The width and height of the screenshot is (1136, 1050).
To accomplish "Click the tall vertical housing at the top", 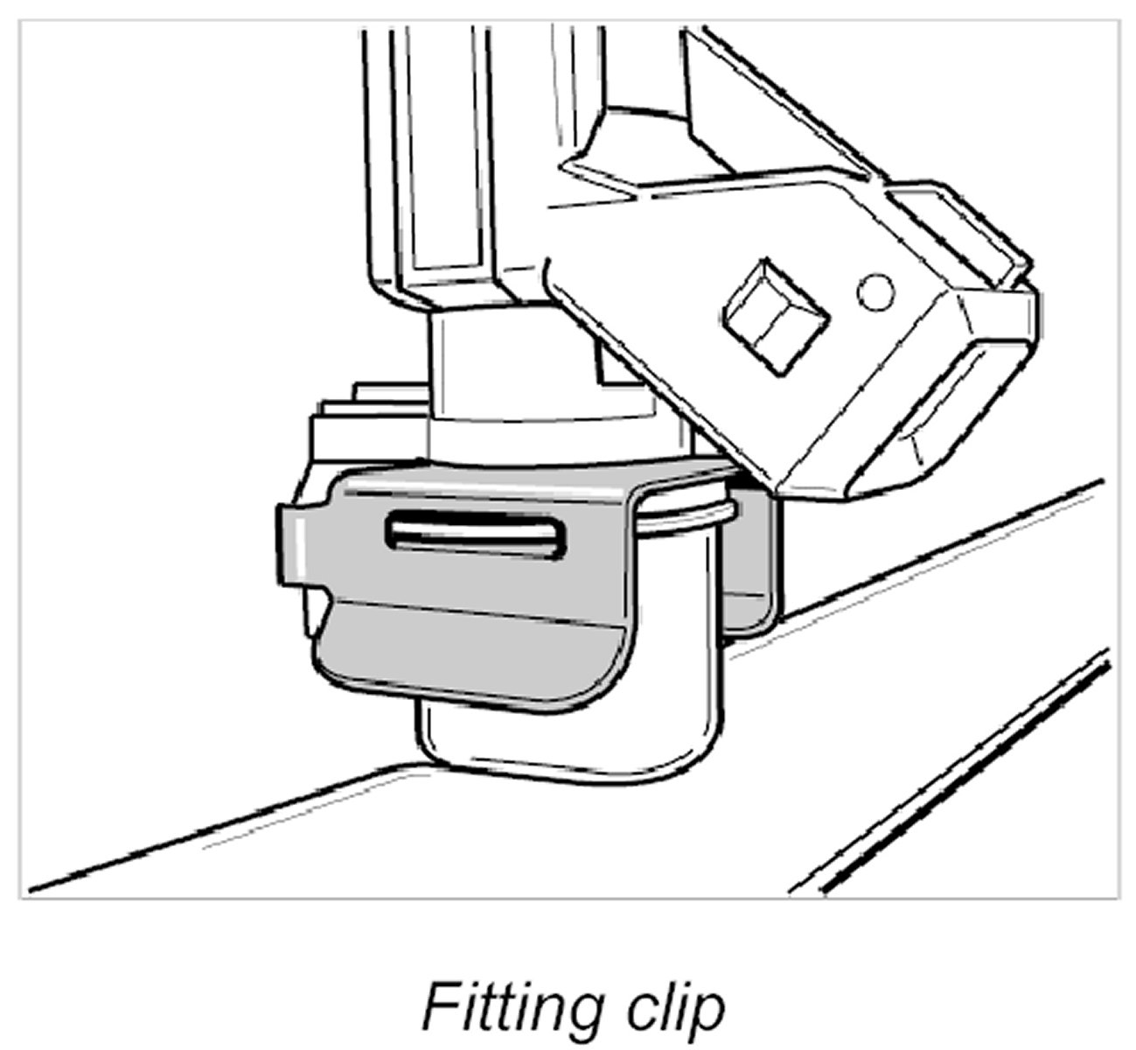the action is point(446,149).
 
